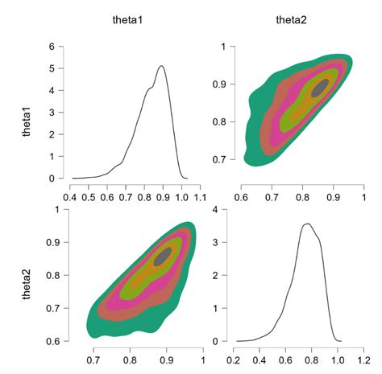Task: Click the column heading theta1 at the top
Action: [127, 18]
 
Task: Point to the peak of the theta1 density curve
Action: [162, 66]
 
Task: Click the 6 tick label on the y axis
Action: [51, 47]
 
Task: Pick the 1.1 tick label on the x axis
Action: [200, 195]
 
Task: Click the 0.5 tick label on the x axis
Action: [89, 195]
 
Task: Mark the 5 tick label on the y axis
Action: [51, 68]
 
